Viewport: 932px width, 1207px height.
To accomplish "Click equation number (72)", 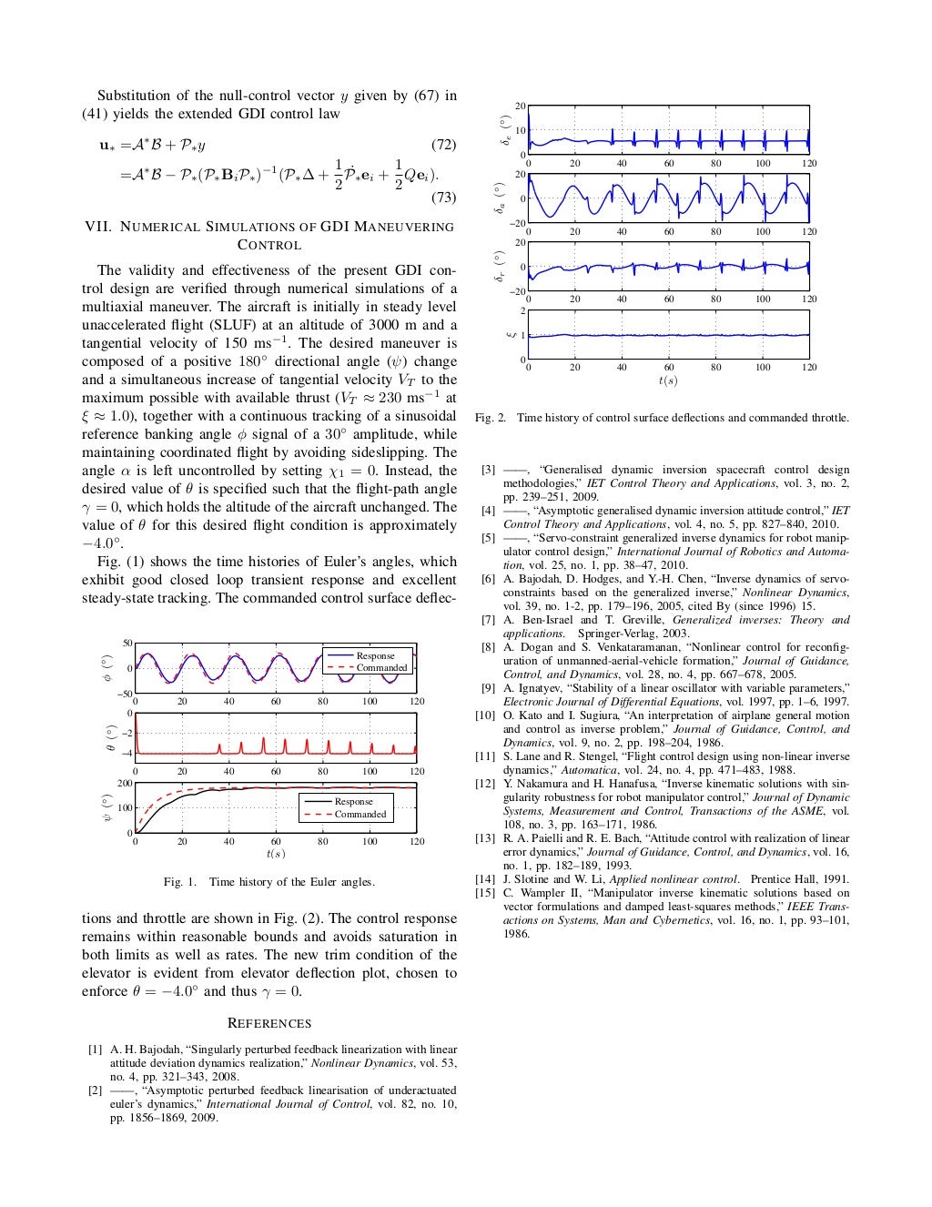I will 442,145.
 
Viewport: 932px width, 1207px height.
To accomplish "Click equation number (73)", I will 442,197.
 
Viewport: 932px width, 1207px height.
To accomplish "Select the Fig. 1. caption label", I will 180,881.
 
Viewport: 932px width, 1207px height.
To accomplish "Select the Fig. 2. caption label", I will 490,418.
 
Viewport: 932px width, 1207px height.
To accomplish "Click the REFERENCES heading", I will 268,1023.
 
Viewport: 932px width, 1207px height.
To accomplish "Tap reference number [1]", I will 95,1050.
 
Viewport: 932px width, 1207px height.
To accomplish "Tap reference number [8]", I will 488,647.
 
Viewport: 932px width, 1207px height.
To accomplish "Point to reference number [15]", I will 485,893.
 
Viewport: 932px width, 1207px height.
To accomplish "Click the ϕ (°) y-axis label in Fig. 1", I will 106,667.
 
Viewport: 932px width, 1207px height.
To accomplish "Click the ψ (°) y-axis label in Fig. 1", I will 106,807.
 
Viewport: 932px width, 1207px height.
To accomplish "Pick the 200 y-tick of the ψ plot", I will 126,783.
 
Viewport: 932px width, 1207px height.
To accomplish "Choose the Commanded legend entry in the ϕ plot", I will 381,667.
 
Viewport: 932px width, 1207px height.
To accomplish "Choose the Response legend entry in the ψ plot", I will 353,801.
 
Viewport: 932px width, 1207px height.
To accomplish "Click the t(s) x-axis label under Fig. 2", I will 668,380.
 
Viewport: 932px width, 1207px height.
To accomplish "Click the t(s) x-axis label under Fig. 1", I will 275,853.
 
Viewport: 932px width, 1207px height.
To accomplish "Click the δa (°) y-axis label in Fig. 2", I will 499,198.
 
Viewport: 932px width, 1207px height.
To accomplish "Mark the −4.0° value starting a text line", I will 102,543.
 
